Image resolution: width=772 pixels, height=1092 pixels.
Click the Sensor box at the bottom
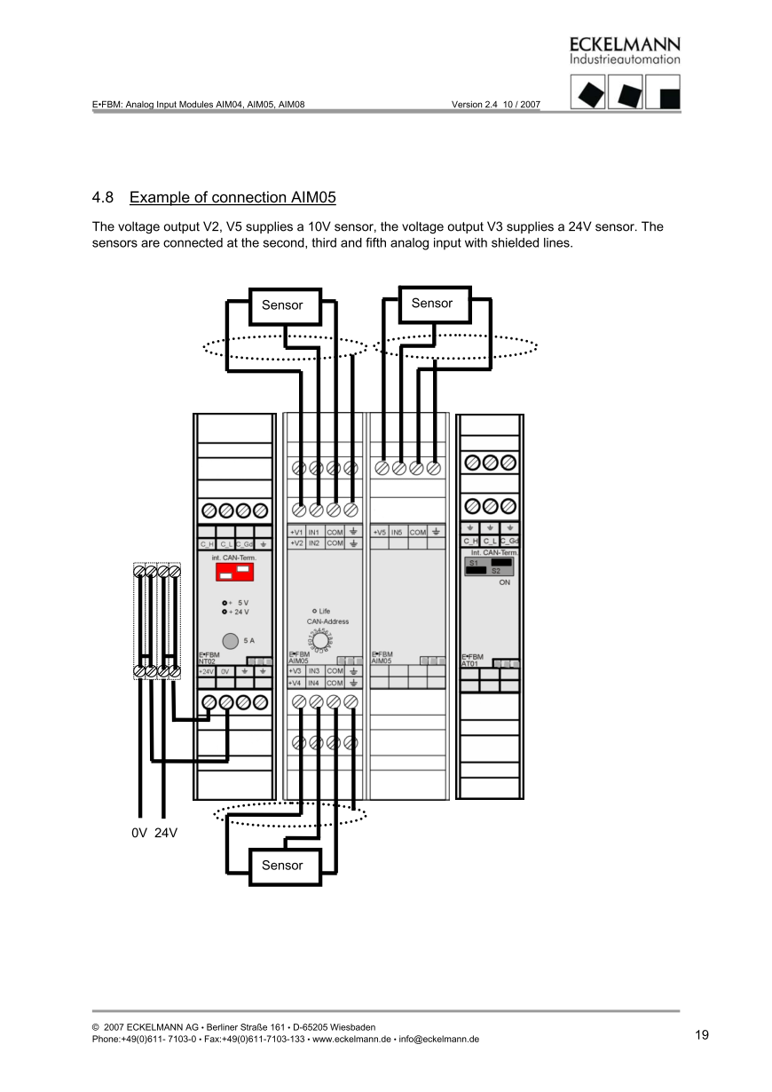pyautogui.click(x=282, y=866)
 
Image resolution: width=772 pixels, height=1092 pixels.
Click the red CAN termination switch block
pyautogui.click(x=232, y=573)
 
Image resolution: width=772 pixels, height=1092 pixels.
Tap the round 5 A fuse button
pyautogui.click(x=230, y=640)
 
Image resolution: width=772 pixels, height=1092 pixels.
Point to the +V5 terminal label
pyautogui.click(x=379, y=533)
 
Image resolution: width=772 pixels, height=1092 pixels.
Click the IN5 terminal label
pyautogui.click(x=398, y=533)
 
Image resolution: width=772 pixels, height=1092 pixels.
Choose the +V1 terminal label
pyautogui.click(x=296, y=533)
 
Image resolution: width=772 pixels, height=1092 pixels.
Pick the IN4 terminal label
pyautogui.click(x=314, y=683)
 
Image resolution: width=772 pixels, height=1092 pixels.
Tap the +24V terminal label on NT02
pyautogui.click(x=206, y=672)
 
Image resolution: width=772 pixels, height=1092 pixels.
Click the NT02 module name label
pyautogui.click(x=207, y=661)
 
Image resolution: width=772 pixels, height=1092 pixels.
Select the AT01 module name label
pyautogui.click(x=469, y=662)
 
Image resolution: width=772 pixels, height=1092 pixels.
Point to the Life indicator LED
pyautogui.click(x=315, y=611)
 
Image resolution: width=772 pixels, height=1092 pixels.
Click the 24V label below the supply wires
pyautogui.click(x=166, y=834)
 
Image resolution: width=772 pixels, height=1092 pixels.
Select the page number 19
pyautogui.click(x=702, y=1034)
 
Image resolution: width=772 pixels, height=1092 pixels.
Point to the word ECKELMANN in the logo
pyautogui.click(x=625, y=44)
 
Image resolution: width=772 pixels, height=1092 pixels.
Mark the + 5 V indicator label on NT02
pyautogui.click(x=237, y=602)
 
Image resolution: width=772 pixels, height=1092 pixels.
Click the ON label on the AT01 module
pyautogui.click(x=504, y=582)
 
